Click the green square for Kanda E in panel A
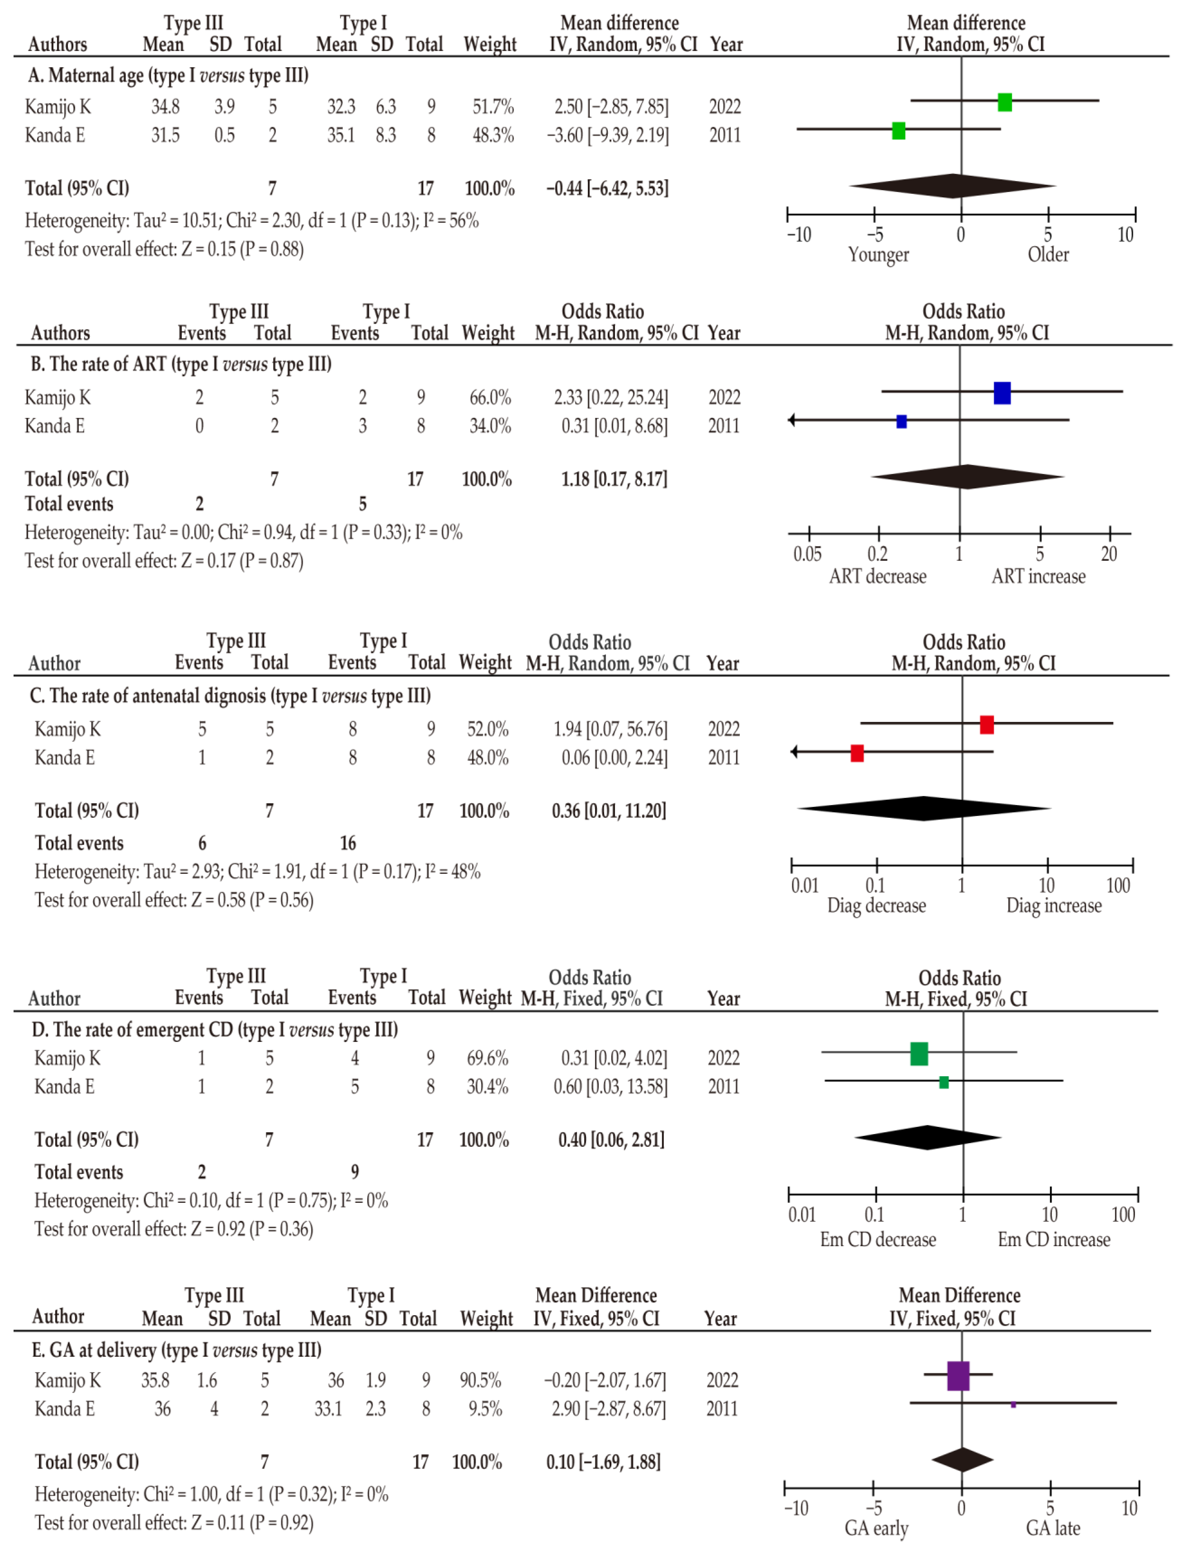(x=898, y=131)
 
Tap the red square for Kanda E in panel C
(x=857, y=753)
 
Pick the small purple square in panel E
(x=1013, y=1405)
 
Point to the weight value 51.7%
(x=493, y=107)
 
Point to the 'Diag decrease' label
(x=876, y=906)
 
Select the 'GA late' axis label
(x=1053, y=1528)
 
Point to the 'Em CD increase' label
(x=1054, y=1239)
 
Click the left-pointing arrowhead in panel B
(x=792, y=421)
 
